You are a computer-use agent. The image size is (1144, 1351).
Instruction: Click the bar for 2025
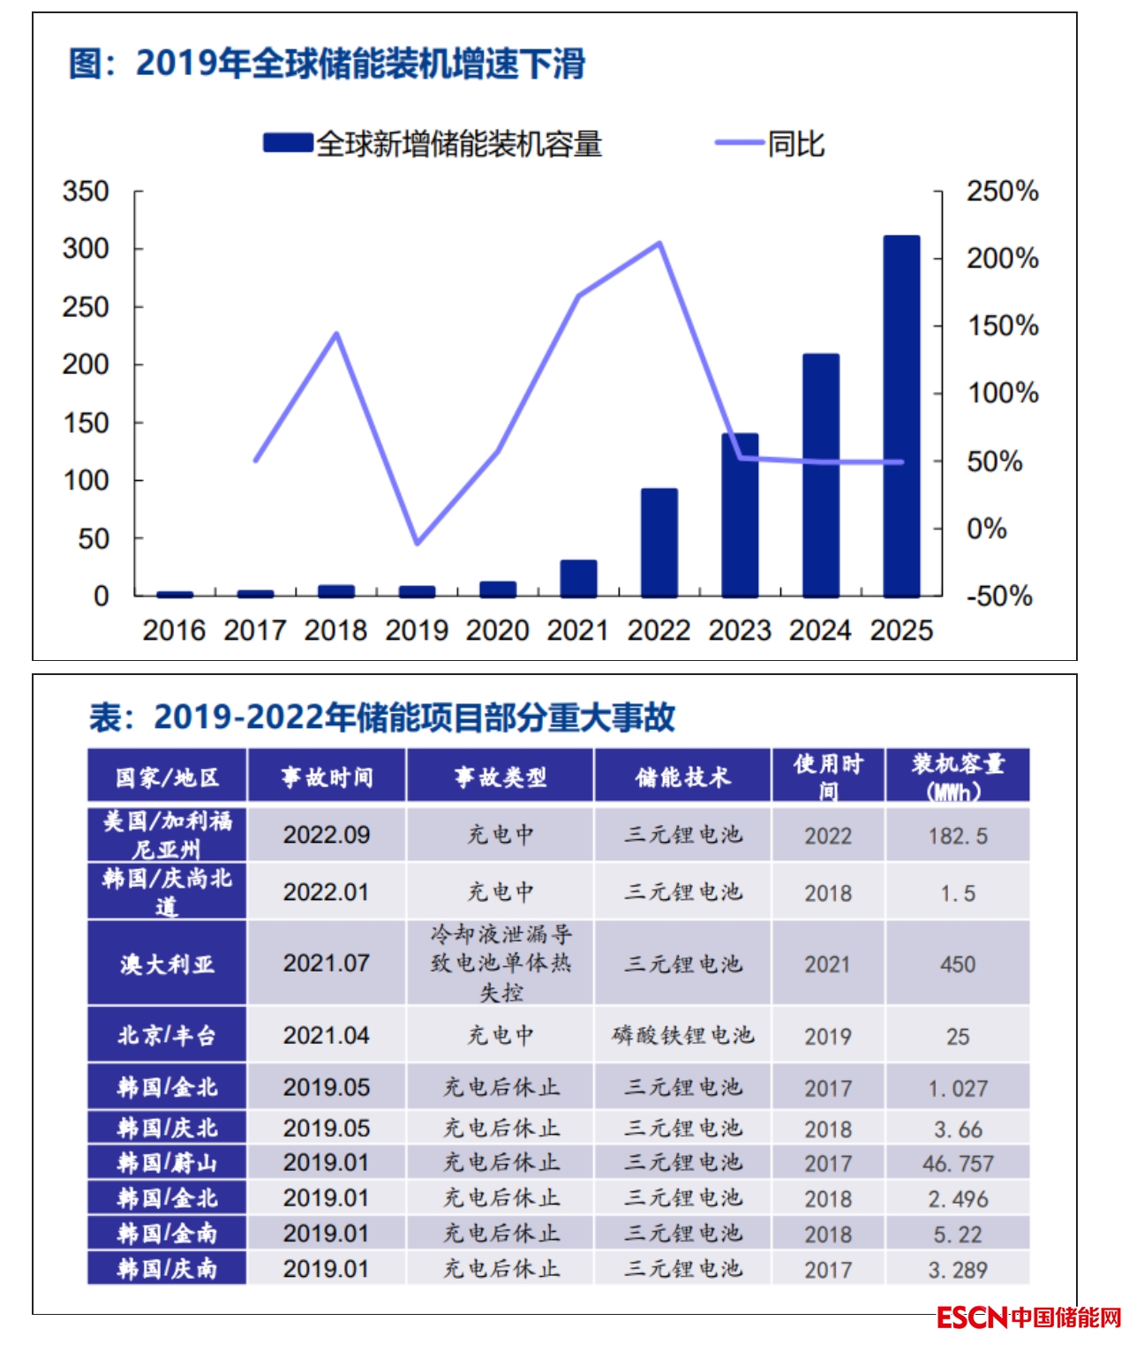(x=901, y=417)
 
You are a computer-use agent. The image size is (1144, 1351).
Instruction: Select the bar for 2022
(x=659, y=543)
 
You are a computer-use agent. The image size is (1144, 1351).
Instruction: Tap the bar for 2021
(x=578, y=578)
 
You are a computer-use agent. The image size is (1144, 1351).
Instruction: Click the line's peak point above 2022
(x=659, y=243)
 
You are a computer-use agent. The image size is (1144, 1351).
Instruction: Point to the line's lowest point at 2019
(x=417, y=543)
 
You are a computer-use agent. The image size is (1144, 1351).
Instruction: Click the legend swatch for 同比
(x=739, y=143)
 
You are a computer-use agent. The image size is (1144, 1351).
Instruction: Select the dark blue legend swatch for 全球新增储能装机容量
(x=288, y=143)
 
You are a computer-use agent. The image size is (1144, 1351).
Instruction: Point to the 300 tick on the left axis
(x=86, y=249)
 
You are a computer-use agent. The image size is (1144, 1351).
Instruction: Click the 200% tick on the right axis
(x=1002, y=259)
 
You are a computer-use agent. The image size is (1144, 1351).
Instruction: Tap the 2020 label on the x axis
(x=497, y=630)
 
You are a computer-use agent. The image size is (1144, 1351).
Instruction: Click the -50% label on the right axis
(x=998, y=596)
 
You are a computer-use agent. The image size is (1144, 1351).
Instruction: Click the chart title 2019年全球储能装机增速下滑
(x=327, y=64)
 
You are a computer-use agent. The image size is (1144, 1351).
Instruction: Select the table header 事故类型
(x=500, y=777)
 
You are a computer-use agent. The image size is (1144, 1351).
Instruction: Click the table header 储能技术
(x=682, y=777)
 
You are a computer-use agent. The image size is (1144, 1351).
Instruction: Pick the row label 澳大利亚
(x=167, y=964)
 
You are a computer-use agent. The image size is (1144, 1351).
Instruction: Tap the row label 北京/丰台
(x=167, y=1035)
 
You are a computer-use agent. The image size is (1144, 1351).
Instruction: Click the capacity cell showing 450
(x=958, y=964)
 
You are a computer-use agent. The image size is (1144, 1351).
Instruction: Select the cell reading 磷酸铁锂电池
(x=682, y=1035)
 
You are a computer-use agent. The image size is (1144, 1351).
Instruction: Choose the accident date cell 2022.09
(x=327, y=835)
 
